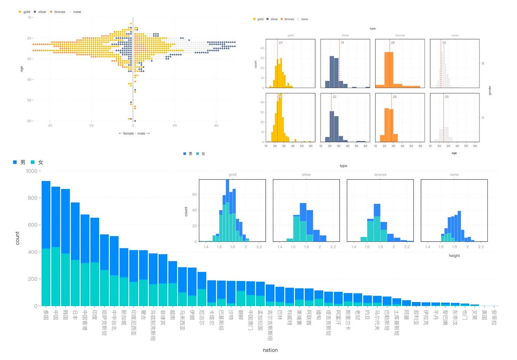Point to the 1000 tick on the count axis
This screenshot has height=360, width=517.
click(x=32, y=171)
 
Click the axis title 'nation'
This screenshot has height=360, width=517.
click(x=270, y=350)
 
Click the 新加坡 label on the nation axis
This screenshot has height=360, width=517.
click(x=124, y=317)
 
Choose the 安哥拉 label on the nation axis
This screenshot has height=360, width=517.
click(x=494, y=317)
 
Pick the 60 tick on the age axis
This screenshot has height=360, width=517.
click(x=29, y=121)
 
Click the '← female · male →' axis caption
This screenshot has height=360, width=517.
click(x=134, y=133)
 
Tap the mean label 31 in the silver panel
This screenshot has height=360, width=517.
click(x=342, y=43)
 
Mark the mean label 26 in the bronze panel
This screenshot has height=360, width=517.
click(x=393, y=43)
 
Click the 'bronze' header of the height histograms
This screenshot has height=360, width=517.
click(x=380, y=174)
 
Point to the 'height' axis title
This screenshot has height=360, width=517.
click(x=454, y=256)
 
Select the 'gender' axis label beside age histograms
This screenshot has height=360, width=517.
click(x=490, y=90)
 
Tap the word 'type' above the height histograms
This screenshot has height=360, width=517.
click(x=343, y=166)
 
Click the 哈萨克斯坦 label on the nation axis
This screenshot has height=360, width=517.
click(x=104, y=322)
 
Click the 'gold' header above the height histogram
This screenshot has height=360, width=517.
click(x=232, y=174)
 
